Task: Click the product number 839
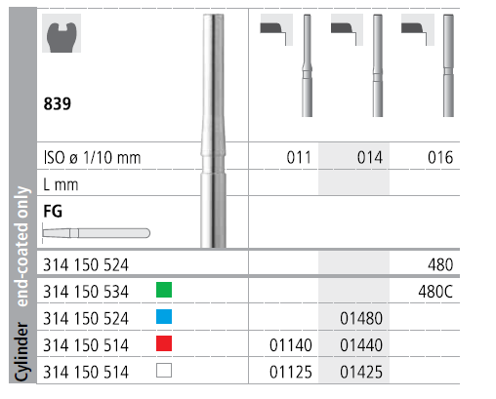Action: pos(58,104)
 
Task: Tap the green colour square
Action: pos(164,290)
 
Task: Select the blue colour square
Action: pos(164,317)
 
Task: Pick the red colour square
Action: pos(164,343)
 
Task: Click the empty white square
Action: pos(164,371)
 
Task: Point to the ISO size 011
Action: pos(299,158)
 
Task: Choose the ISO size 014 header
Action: pos(370,158)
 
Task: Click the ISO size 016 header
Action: pos(440,158)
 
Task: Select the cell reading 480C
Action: pos(435,292)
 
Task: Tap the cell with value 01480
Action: pos(361,318)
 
